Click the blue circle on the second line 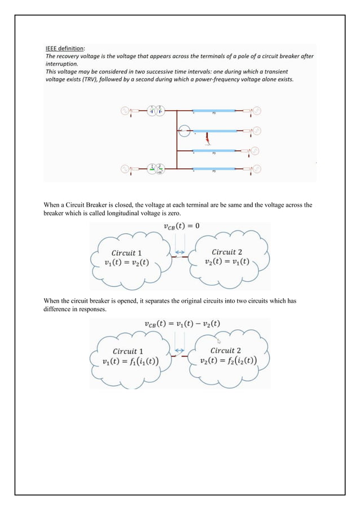183,132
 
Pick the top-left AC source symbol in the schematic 124,111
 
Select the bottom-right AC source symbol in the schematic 257,169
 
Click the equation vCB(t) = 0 179,227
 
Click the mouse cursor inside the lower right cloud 219,342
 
